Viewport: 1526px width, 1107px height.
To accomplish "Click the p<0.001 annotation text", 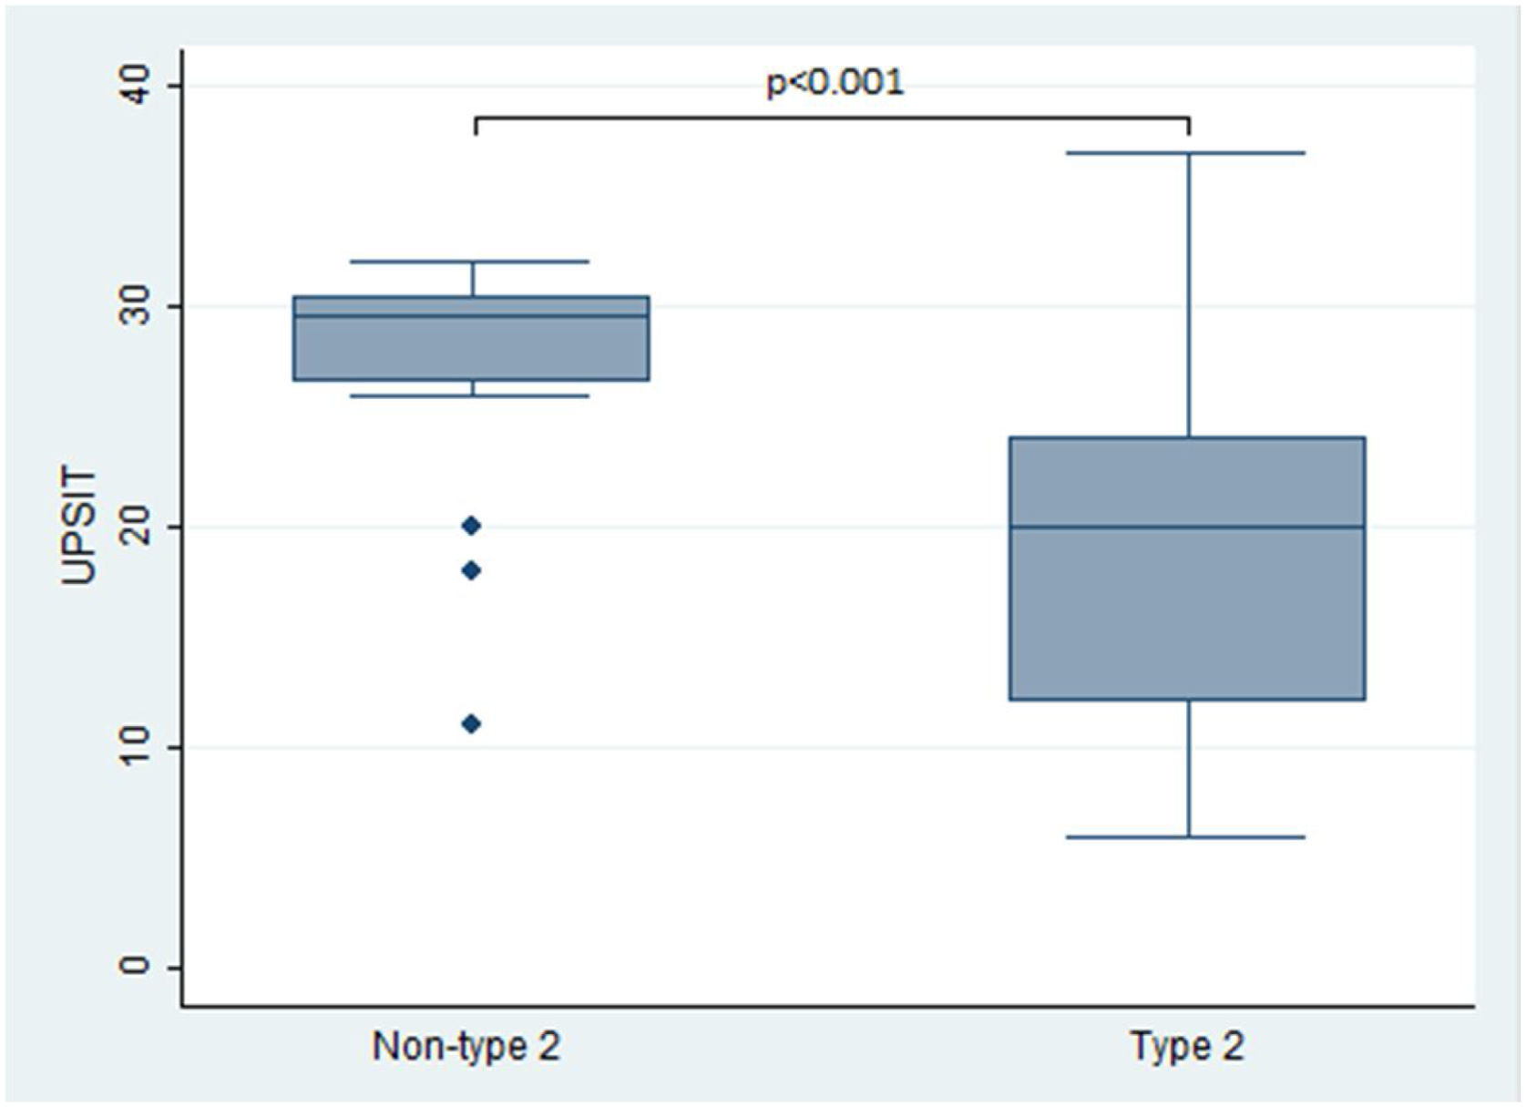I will [835, 83].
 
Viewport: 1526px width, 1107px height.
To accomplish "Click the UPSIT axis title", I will [79, 527].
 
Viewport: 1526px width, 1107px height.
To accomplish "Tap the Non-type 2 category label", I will [466, 1046].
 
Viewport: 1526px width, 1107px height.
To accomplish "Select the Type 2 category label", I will [1187, 1046].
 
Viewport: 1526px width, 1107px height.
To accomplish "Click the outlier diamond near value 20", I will [471, 526].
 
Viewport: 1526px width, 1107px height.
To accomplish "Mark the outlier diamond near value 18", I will [471, 571].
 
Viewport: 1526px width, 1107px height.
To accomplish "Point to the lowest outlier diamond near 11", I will [471, 724].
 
